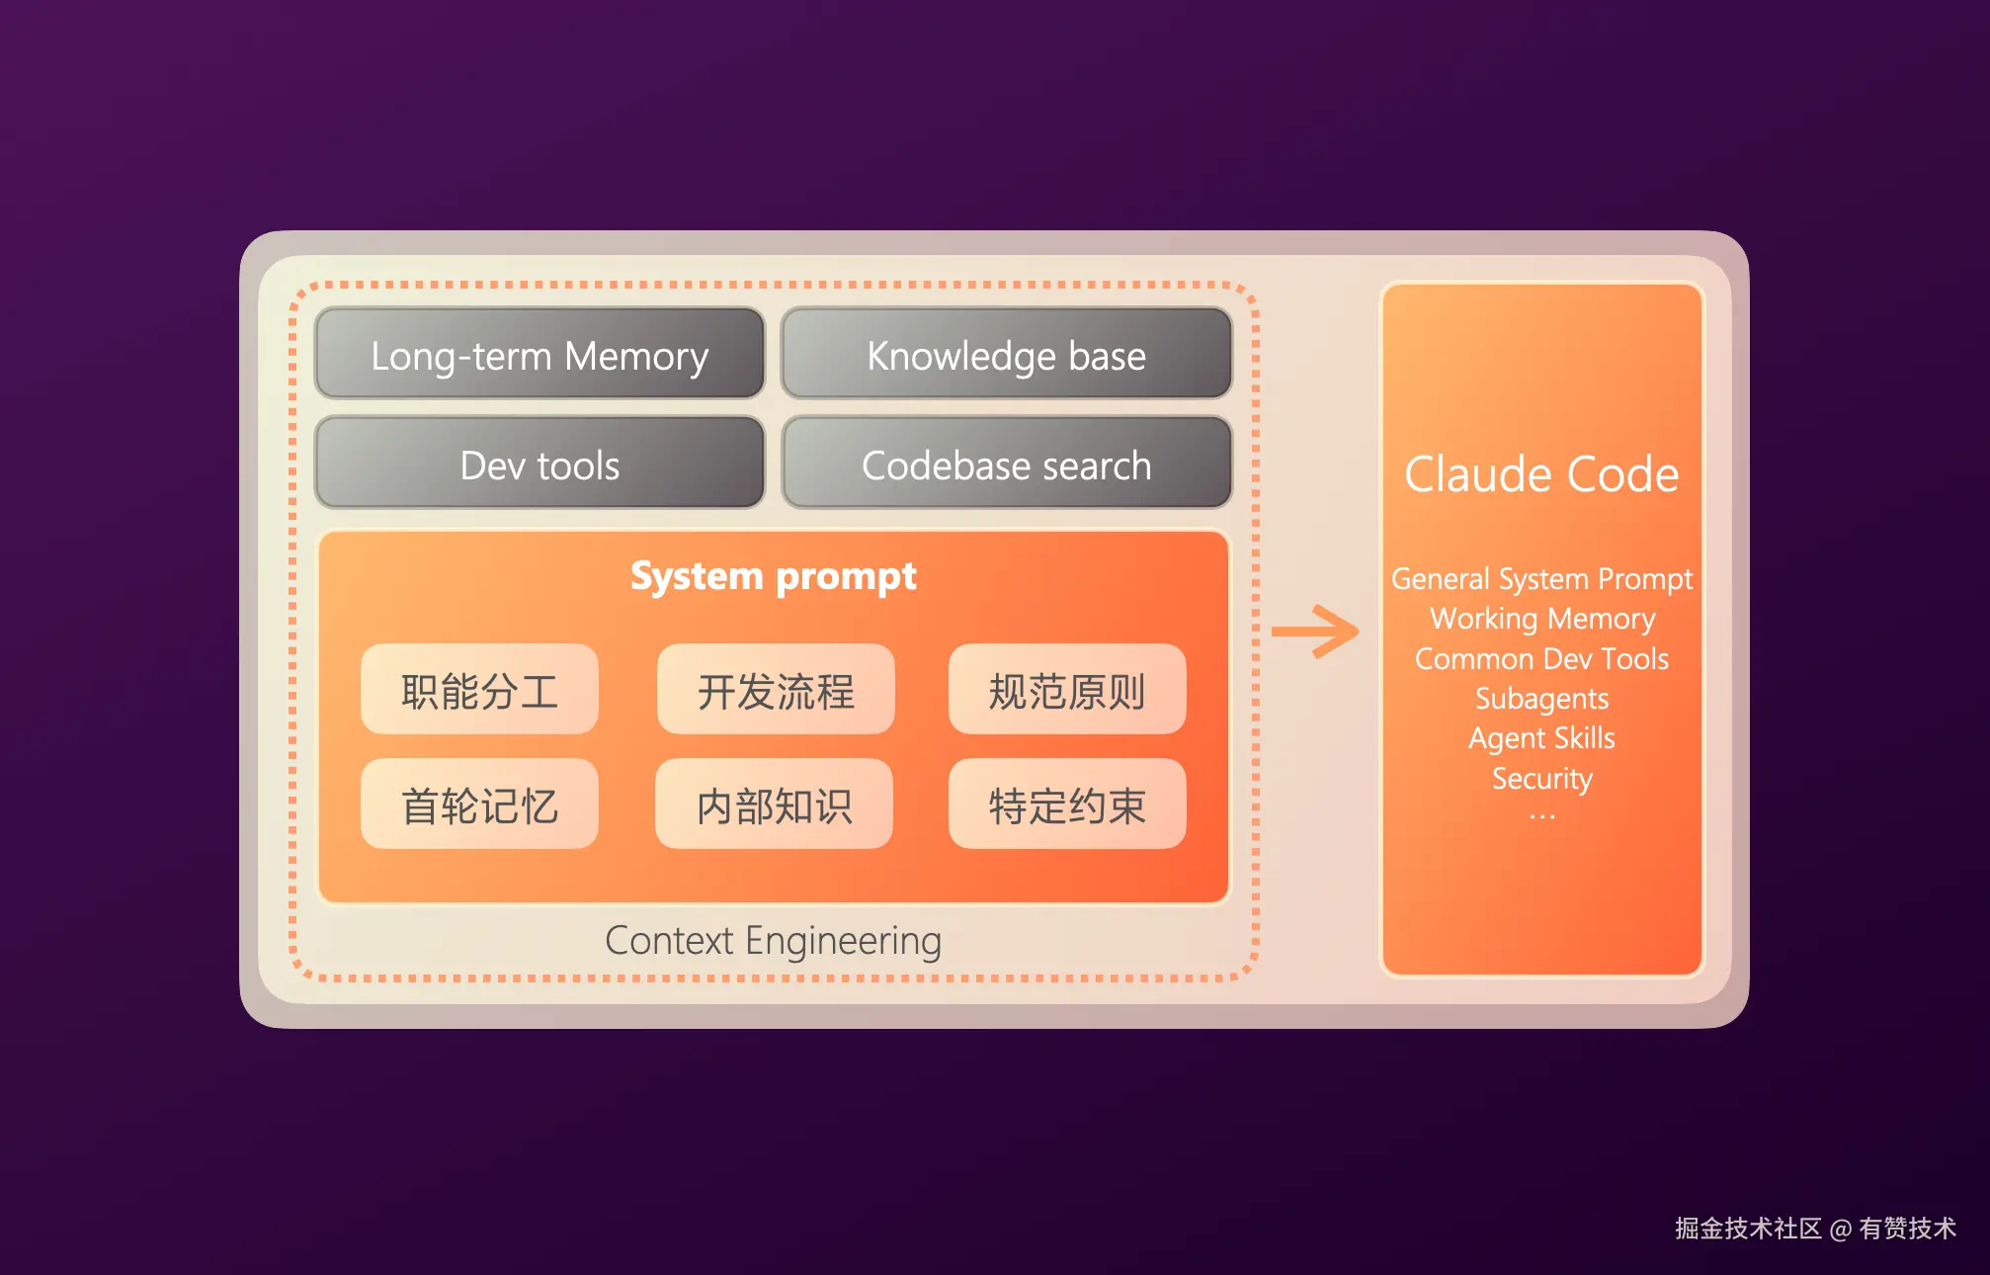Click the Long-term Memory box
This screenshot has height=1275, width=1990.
(x=539, y=355)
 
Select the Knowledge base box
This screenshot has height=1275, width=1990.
(x=1006, y=355)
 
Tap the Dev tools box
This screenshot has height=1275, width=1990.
(x=539, y=465)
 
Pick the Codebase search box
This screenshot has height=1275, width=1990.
(x=1006, y=465)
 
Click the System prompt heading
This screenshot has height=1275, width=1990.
(x=774, y=576)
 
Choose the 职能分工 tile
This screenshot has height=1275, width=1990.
(x=479, y=690)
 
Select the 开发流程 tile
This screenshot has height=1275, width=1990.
(x=776, y=690)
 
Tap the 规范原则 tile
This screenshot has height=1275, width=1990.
(x=1067, y=690)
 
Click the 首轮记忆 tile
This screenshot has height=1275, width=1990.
(x=479, y=805)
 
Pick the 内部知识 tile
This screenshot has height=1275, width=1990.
(x=774, y=805)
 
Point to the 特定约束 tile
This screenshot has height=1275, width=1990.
(x=1067, y=805)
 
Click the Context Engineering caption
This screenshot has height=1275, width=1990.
(x=773, y=941)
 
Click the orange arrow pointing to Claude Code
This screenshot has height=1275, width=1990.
(x=1315, y=632)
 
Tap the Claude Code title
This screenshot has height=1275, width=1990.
(x=1541, y=474)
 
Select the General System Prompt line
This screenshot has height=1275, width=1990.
(x=1541, y=579)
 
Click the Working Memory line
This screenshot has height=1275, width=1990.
(x=1541, y=619)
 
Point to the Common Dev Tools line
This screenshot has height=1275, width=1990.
(x=1541, y=659)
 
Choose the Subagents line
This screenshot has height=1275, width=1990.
(x=1541, y=699)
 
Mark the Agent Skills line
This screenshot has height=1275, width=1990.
(x=1541, y=738)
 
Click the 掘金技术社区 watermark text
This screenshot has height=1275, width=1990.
(x=1747, y=1229)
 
